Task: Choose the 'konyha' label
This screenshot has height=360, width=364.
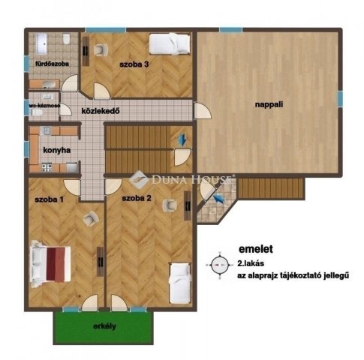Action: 57,150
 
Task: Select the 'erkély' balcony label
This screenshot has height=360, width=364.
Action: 104,327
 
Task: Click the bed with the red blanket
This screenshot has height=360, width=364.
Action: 51,263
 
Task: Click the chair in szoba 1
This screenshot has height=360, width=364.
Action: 91,218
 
